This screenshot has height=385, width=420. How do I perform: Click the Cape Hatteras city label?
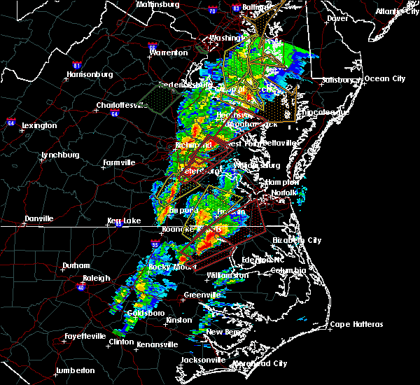point(356,324)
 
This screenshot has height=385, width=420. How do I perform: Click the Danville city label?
point(38,218)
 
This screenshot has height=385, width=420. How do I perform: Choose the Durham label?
point(76,265)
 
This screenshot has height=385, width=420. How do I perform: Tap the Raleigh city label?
point(95,278)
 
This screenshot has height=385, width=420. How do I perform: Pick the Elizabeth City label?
point(297,240)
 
